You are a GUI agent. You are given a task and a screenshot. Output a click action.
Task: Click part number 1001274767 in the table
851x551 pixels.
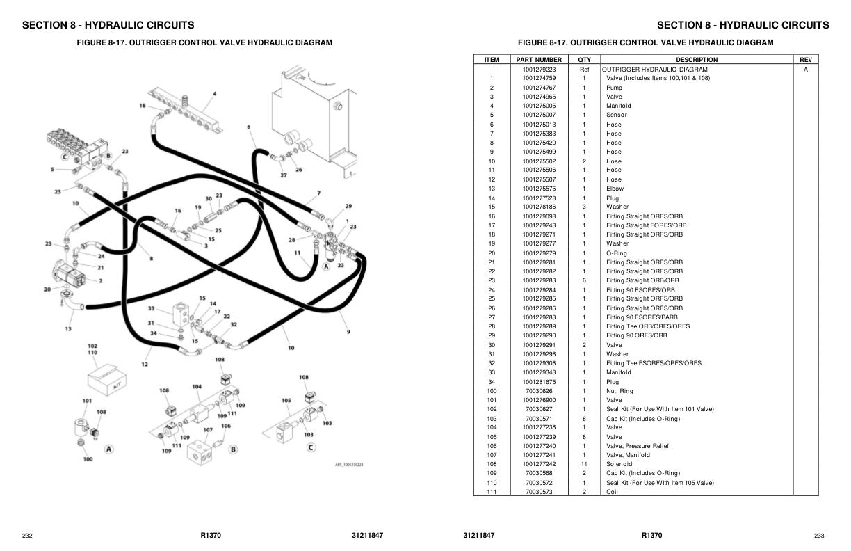tap(539, 88)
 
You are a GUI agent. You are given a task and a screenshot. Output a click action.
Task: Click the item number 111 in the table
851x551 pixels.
tap(492, 492)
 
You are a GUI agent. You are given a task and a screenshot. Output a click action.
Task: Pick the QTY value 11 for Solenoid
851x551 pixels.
tap(584, 464)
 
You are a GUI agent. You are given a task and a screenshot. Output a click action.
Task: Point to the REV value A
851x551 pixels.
tap(805, 70)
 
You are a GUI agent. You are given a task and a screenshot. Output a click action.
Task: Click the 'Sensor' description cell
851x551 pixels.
tap(616, 115)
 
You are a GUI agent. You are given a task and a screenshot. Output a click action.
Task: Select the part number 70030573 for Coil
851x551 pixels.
tap(539, 492)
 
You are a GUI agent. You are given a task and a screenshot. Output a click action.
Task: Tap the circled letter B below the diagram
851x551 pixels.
tap(233, 449)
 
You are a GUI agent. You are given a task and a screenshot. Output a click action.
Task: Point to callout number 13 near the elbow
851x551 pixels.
tap(68, 328)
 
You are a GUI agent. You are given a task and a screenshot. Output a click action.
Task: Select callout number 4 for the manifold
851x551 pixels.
tap(214, 94)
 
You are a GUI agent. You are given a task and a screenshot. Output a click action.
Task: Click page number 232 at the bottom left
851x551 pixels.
tap(27, 536)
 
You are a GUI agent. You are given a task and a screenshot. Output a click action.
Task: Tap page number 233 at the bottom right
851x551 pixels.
tap(819, 536)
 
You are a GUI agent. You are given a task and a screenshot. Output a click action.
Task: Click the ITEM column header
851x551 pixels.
tap(492, 60)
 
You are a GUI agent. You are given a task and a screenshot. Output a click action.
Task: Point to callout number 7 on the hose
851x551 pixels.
tap(318, 193)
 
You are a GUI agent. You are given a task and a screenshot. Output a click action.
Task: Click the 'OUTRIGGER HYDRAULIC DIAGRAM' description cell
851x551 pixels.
tap(654, 70)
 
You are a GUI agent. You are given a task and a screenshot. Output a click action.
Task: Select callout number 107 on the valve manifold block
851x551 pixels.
tap(208, 430)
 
